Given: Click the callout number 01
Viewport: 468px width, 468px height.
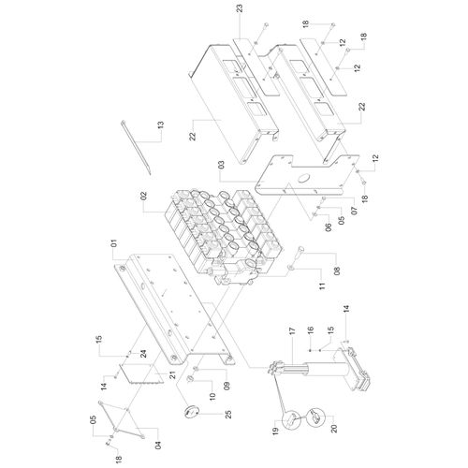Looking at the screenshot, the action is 114,243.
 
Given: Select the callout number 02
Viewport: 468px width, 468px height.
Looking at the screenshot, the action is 143,196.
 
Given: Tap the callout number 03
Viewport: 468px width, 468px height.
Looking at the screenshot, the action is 221,165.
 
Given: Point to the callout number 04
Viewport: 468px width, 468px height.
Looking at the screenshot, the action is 158,444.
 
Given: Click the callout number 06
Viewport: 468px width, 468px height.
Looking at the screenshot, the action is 329,227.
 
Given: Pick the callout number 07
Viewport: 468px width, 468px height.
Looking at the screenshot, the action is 355,211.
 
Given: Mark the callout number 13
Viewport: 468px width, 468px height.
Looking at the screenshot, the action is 161,125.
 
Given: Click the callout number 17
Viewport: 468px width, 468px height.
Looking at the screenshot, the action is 292,331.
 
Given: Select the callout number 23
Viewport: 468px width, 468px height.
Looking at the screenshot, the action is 240,8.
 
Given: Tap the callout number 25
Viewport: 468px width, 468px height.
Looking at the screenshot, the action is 228,415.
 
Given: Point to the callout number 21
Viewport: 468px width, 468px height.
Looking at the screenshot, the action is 172,374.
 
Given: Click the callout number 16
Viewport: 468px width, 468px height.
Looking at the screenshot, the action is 310,330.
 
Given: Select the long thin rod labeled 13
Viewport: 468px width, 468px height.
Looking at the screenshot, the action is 136,147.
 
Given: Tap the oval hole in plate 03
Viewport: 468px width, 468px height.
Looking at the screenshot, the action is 302,179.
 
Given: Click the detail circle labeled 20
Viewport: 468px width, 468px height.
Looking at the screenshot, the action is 315,417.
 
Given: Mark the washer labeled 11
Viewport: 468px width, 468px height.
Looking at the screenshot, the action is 291,268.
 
